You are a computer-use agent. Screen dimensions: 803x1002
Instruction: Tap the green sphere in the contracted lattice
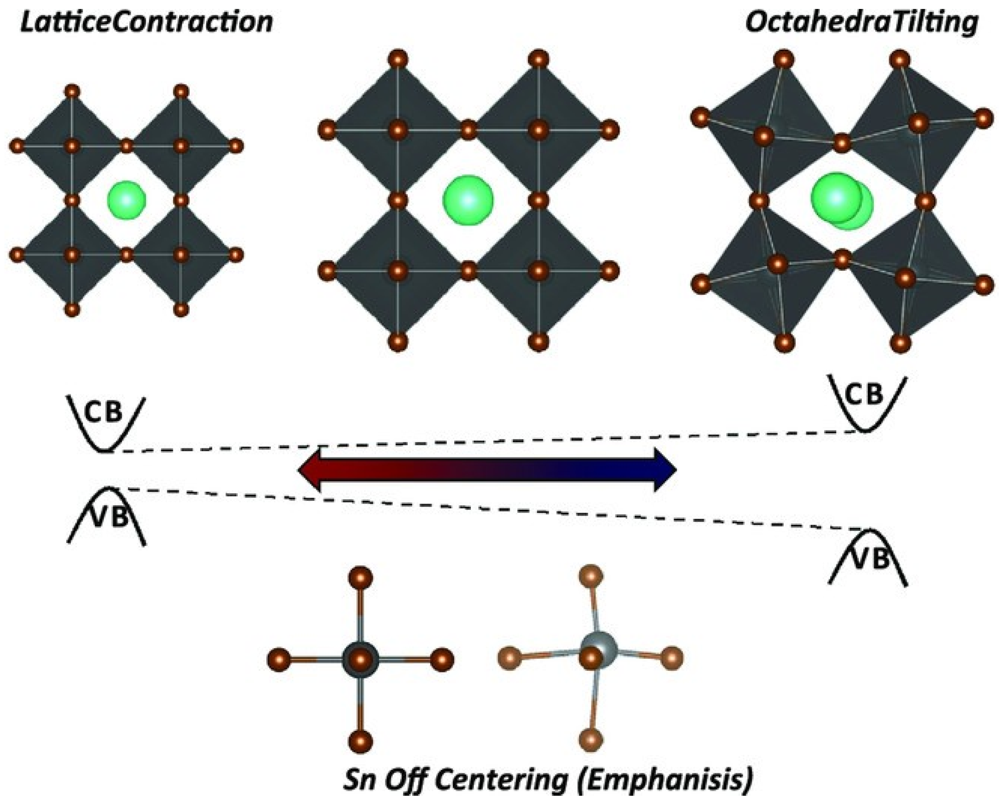click(126, 201)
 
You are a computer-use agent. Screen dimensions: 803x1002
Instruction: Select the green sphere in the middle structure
click(468, 201)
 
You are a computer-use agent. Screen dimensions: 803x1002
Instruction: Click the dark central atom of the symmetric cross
click(361, 658)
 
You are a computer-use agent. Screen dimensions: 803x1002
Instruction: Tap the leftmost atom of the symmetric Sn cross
click(279, 658)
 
